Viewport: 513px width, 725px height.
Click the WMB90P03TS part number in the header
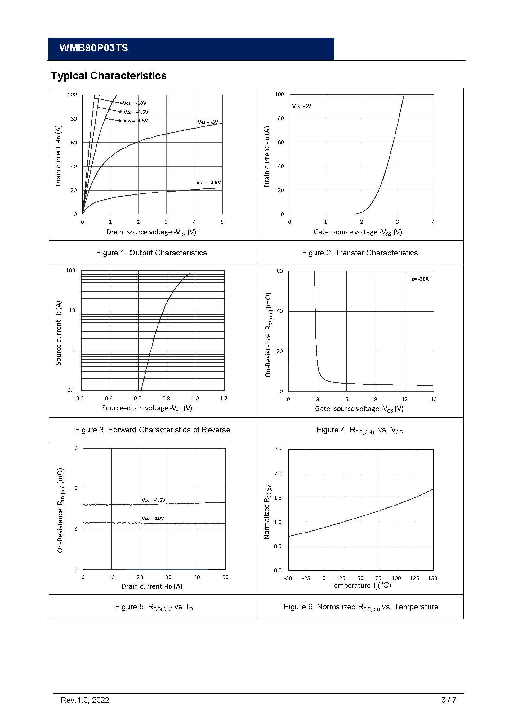tap(93, 48)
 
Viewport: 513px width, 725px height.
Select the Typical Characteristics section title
tap(109, 76)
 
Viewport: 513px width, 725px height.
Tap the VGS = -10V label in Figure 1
tap(135, 103)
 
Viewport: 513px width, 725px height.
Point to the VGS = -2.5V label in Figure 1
tap(208, 183)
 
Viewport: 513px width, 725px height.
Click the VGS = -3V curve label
tap(208, 122)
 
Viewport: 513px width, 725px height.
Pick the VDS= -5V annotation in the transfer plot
tap(302, 106)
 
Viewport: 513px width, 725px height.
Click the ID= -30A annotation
tap(420, 279)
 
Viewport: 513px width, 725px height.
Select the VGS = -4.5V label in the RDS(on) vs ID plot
tap(154, 500)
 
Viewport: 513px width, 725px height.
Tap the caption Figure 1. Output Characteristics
tap(152, 253)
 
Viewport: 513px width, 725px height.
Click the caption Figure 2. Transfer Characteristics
tap(360, 253)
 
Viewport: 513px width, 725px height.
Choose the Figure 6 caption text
tap(361, 607)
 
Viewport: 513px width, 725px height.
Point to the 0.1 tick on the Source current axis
tap(71, 391)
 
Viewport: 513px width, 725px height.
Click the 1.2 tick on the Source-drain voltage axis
tap(224, 399)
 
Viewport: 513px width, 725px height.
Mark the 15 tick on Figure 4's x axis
tap(434, 400)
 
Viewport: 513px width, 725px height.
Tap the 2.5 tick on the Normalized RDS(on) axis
tap(278, 449)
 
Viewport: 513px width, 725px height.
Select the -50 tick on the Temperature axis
tap(288, 578)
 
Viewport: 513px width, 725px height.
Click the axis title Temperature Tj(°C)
tap(360, 586)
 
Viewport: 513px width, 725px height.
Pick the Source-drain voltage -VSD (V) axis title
tap(147, 408)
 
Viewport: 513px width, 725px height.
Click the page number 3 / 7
tap(448, 700)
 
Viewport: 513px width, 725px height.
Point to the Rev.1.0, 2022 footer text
tap(85, 700)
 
